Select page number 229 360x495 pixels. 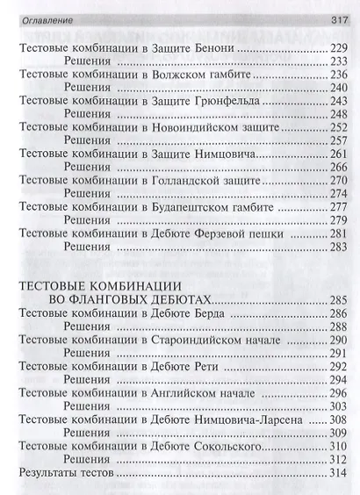pos(339,47)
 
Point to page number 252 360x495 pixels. pos(339,127)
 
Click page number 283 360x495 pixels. pos(339,247)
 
